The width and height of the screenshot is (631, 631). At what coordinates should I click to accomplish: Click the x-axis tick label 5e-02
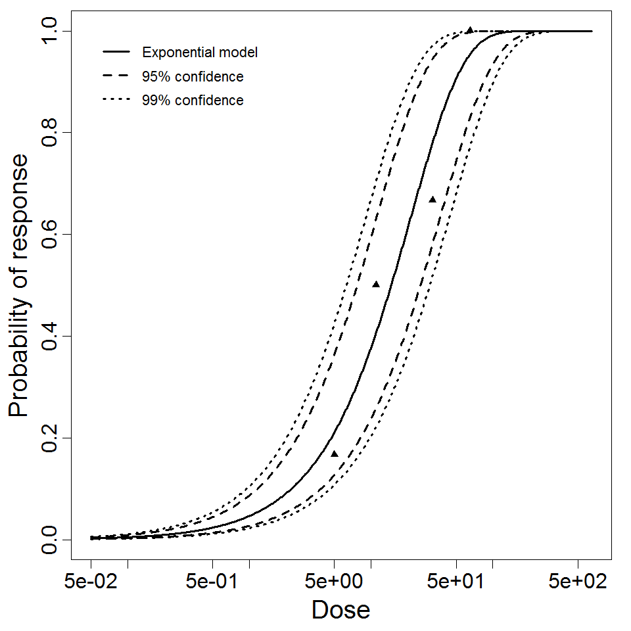(91, 582)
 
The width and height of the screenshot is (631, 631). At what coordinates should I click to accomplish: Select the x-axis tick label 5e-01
(213, 582)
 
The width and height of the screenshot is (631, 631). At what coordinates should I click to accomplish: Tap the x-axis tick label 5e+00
(335, 582)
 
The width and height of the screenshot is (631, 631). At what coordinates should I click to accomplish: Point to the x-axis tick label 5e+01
(456, 582)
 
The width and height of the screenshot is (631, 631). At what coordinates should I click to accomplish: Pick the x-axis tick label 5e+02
(578, 582)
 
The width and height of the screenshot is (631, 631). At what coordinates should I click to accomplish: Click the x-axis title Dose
(340, 611)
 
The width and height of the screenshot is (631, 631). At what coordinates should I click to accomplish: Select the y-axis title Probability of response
(19, 285)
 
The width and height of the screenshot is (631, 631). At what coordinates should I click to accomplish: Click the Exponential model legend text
(200, 52)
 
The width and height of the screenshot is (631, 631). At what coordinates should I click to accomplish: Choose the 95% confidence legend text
(193, 77)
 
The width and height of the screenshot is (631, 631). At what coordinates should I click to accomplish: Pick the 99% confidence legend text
(193, 101)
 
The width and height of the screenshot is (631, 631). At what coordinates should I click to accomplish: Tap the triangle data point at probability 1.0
(470, 30)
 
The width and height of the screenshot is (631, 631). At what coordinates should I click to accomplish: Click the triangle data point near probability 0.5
(376, 284)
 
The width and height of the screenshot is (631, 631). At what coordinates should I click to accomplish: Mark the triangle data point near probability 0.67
(432, 199)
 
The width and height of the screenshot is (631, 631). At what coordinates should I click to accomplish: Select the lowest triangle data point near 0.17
(335, 454)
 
